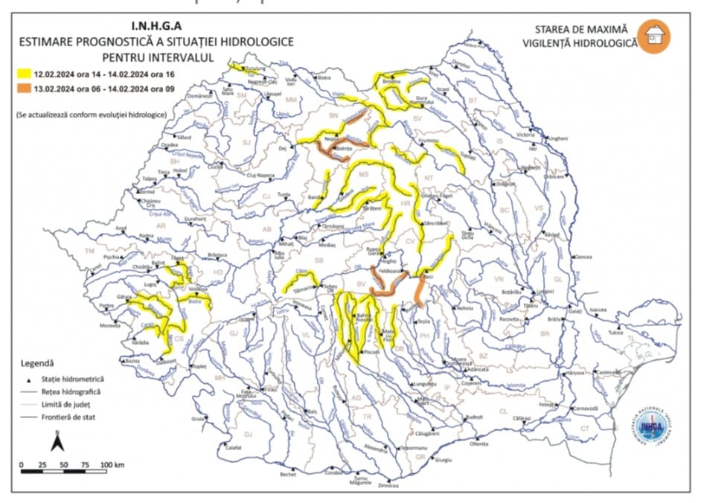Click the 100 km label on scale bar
tap(112, 465)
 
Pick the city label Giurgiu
tap(444, 461)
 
